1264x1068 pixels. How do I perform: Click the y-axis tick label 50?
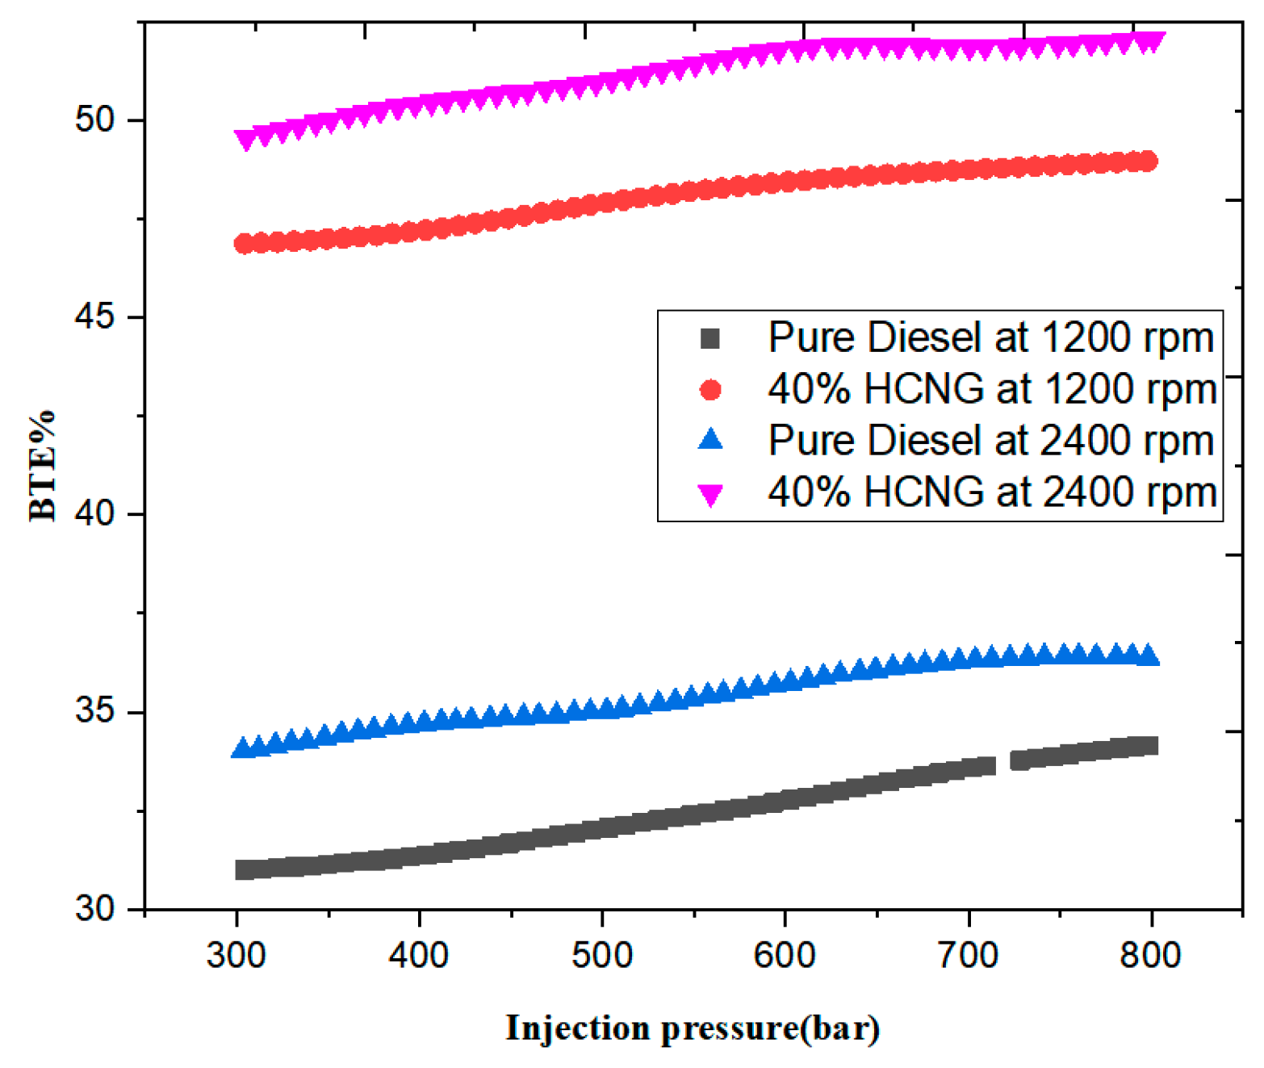click(x=95, y=119)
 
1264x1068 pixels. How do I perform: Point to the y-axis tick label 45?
click(x=95, y=316)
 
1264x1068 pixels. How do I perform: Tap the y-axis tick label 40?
click(x=95, y=513)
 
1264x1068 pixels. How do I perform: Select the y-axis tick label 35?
click(x=95, y=711)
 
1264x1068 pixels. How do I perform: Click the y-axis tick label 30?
click(x=95, y=908)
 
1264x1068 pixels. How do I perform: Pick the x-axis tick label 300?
click(x=236, y=956)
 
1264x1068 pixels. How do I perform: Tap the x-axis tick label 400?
click(x=419, y=956)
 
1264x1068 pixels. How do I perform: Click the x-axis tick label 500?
click(x=602, y=956)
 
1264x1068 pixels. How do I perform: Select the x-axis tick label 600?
click(x=785, y=956)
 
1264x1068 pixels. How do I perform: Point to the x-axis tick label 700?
click(x=968, y=956)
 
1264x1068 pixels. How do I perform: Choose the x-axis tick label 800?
click(x=1150, y=956)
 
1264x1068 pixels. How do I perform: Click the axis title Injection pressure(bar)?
click(x=693, y=1028)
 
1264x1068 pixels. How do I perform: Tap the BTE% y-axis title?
click(x=42, y=466)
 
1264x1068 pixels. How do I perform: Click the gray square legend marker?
click(x=710, y=338)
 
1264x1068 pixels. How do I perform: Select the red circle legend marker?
click(x=710, y=390)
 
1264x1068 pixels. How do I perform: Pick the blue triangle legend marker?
click(x=710, y=440)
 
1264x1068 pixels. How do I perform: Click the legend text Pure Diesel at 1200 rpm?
click(x=990, y=337)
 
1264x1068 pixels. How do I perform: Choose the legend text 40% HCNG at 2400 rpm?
click(x=992, y=492)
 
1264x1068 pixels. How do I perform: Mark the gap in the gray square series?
click(x=1003, y=763)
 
